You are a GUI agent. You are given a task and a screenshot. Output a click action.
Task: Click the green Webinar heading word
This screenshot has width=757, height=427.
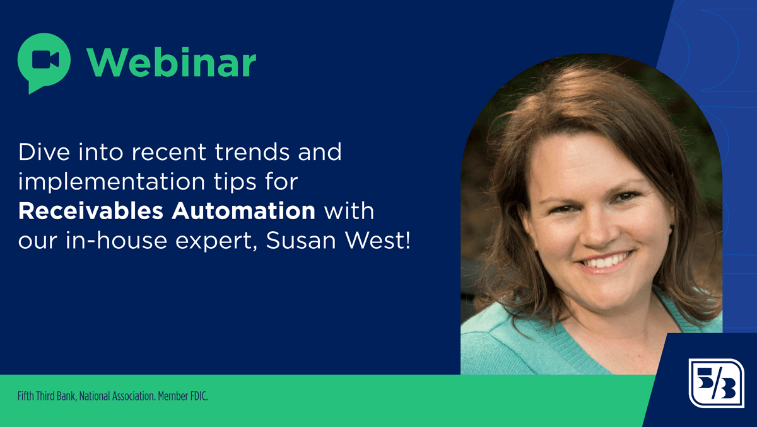point(172,63)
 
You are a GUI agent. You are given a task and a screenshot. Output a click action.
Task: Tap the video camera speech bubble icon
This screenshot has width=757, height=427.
point(44,63)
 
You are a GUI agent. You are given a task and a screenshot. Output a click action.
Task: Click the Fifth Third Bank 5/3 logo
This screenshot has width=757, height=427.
point(717,383)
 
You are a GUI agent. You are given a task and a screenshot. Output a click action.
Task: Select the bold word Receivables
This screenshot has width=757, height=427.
point(91,211)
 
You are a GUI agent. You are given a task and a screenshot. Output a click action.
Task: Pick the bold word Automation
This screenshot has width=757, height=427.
point(244,211)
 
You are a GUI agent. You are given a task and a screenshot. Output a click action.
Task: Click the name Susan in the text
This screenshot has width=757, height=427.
point(301,241)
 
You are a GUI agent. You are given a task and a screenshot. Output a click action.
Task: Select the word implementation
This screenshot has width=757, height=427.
point(112,182)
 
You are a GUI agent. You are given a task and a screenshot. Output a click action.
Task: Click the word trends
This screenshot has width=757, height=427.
point(252,152)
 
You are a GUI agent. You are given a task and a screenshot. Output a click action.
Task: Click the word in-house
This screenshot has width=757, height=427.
point(116,241)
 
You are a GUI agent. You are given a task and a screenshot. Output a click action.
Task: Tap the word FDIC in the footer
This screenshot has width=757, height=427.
point(199,396)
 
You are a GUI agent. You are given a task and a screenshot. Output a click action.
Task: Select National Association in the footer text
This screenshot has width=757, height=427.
point(117,396)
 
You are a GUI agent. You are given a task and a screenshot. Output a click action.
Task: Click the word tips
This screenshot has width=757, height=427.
point(235,182)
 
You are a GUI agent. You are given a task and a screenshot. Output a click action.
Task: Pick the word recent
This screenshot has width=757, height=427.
point(169,152)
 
